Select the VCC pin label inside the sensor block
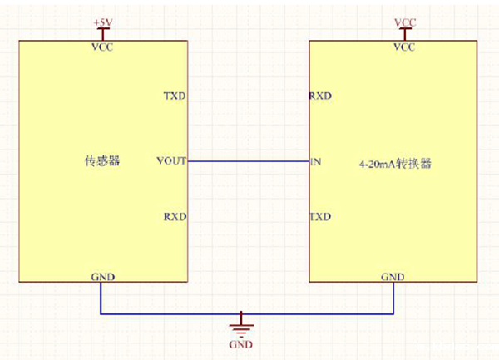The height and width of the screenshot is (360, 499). pyautogui.click(x=102, y=47)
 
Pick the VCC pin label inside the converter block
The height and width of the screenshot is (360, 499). pyautogui.click(x=404, y=47)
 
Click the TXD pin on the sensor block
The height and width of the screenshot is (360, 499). pyautogui.click(x=175, y=96)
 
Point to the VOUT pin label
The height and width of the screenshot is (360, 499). pyautogui.click(x=171, y=160)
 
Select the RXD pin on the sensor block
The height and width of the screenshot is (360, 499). pyautogui.click(x=175, y=217)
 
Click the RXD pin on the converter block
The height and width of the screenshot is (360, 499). pyautogui.click(x=320, y=96)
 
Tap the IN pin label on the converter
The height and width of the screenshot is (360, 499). pyautogui.click(x=315, y=160)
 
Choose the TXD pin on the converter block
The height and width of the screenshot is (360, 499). pyautogui.click(x=320, y=217)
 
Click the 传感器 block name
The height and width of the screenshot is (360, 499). pyautogui.click(x=102, y=161)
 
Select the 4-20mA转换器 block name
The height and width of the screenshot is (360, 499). pyautogui.click(x=395, y=164)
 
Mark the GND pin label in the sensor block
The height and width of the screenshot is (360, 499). pyautogui.click(x=102, y=276)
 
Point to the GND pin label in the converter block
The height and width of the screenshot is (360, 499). pyautogui.click(x=393, y=276)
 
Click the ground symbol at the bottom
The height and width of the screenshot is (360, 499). pyautogui.click(x=241, y=323)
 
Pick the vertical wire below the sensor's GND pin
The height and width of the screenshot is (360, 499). pyautogui.click(x=101, y=298)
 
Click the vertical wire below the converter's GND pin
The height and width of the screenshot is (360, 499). pyautogui.click(x=394, y=298)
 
